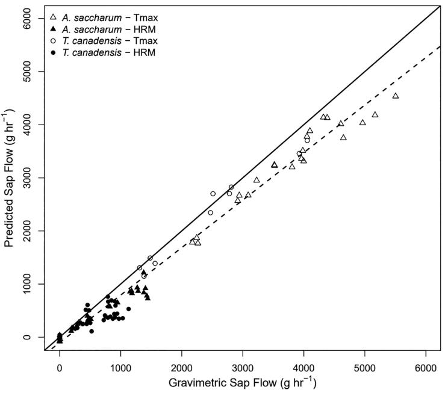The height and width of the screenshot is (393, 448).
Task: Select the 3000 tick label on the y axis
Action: (x=25, y=178)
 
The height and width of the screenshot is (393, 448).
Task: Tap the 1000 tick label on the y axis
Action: (x=25, y=284)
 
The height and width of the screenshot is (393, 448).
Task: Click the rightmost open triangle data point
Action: (x=396, y=96)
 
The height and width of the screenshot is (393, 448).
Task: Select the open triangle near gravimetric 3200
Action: (x=257, y=180)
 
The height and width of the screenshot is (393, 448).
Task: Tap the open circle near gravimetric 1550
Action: (x=155, y=264)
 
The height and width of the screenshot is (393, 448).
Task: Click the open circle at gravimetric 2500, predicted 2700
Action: (x=213, y=194)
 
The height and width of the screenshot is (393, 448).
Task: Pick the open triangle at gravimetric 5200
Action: (x=375, y=114)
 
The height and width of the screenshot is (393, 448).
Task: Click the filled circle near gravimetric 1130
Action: (x=128, y=309)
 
